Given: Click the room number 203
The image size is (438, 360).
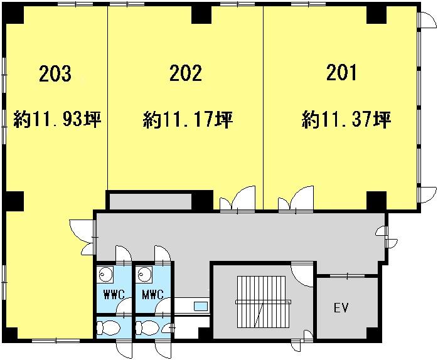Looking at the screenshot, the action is click(x=55, y=73).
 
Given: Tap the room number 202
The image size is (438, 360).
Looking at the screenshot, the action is click(x=186, y=73).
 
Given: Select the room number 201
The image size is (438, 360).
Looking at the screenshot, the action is click(x=341, y=72).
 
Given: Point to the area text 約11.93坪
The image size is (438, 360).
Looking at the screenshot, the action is click(x=57, y=120).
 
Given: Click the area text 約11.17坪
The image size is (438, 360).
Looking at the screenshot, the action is click(x=188, y=120).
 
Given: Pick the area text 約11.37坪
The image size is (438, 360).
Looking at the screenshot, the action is click(x=346, y=120).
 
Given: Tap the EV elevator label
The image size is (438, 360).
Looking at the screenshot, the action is click(x=341, y=307).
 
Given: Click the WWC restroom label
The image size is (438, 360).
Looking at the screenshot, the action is click(x=114, y=295).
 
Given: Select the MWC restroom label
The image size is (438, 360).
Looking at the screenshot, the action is click(x=152, y=295).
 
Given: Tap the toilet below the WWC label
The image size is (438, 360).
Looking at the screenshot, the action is click(x=108, y=327).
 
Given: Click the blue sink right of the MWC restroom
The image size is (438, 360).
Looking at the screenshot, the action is click(x=201, y=306).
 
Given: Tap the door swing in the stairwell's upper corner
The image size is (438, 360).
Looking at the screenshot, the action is click(x=302, y=275).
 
